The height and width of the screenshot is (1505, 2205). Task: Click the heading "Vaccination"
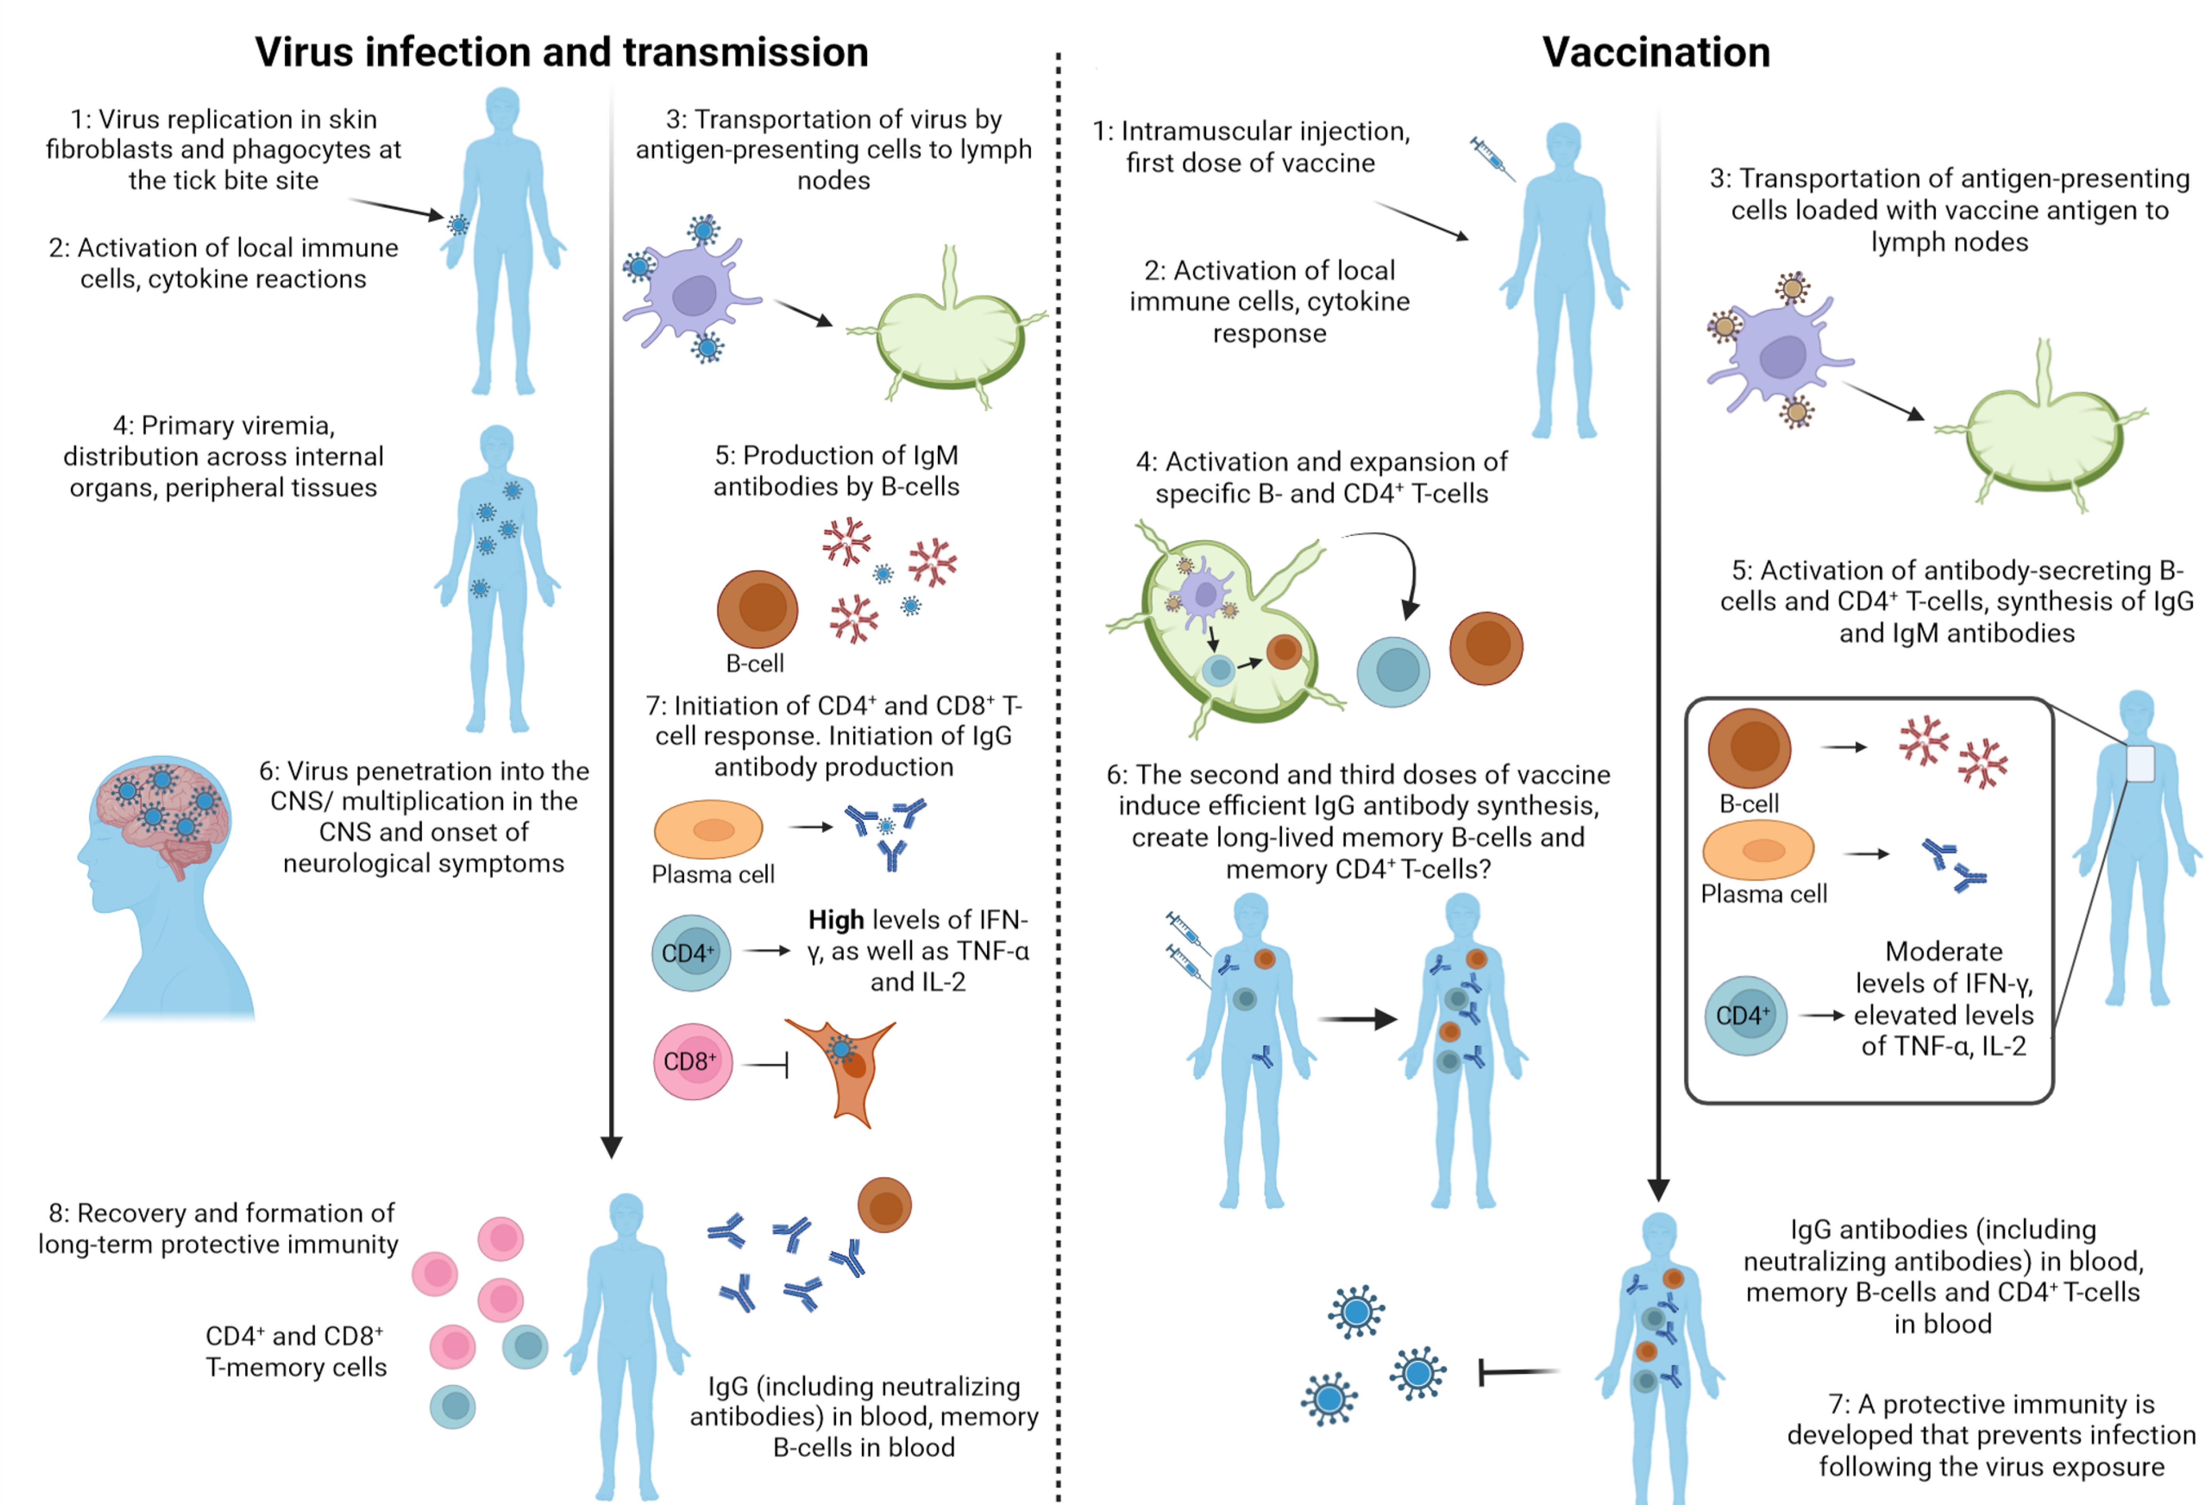pos(1656,52)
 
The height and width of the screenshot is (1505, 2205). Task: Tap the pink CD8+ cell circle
pos(692,1061)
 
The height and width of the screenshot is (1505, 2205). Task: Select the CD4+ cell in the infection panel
pos(690,953)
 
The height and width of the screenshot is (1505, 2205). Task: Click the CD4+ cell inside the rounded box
pos(1745,1015)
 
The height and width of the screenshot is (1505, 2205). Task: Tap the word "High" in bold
pos(835,920)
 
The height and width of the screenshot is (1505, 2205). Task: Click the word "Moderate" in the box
pos(1943,951)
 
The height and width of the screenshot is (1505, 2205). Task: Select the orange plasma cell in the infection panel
pos(708,829)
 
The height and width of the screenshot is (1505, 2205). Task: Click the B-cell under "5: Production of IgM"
pos(757,609)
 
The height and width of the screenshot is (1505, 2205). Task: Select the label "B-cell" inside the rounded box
pos(1749,803)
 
